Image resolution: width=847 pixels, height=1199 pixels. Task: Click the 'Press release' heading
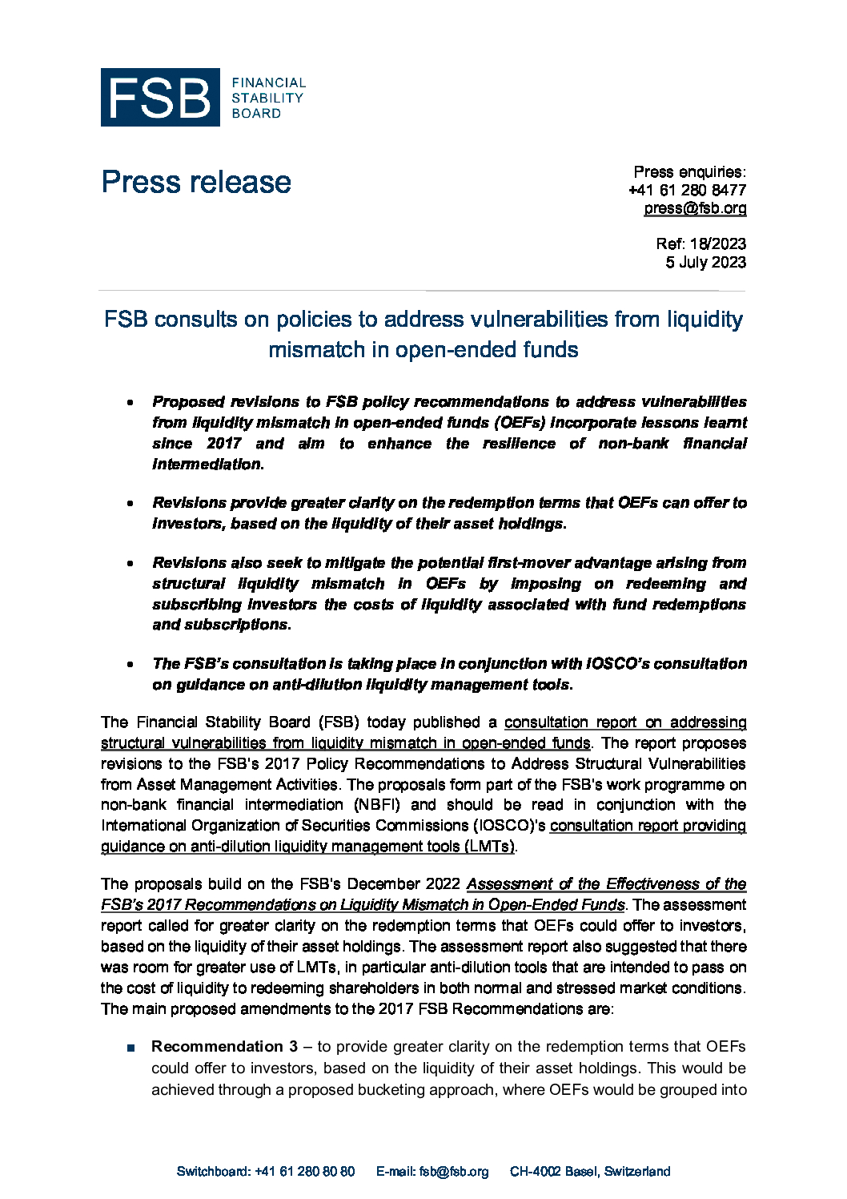(x=196, y=183)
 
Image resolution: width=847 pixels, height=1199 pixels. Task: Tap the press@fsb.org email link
(x=695, y=208)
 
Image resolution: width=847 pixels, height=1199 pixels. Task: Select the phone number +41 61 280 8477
(x=687, y=190)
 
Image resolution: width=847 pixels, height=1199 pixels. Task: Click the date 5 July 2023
(x=705, y=262)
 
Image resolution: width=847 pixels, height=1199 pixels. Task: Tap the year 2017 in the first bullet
(x=223, y=444)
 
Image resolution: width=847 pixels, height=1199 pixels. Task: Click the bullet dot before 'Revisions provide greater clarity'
(x=130, y=504)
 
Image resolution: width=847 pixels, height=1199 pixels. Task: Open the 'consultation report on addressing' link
(x=624, y=722)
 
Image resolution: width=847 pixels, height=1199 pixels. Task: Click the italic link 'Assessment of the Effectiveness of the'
(x=606, y=884)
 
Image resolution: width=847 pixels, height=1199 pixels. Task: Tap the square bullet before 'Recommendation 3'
(x=130, y=1048)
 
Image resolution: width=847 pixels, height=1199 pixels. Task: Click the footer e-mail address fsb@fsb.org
(x=454, y=1172)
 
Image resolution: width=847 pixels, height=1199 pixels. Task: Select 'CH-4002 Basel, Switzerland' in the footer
(x=590, y=1172)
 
